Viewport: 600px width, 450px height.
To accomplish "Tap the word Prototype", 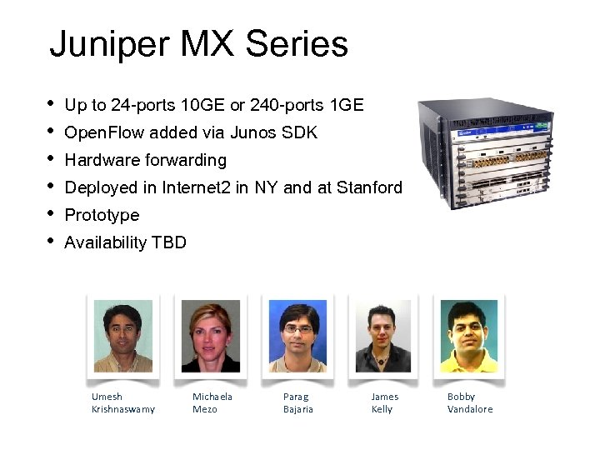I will (x=102, y=215).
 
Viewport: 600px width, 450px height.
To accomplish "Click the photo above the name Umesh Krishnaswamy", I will (x=123, y=336).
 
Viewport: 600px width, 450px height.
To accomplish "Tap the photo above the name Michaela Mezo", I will (x=211, y=336).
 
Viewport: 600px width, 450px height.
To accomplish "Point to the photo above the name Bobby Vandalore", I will (x=468, y=336).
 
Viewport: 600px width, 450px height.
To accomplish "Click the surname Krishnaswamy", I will (x=123, y=409).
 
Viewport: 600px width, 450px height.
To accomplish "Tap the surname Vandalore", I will (x=470, y=409).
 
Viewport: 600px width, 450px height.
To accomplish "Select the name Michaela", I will (x=212, y=397).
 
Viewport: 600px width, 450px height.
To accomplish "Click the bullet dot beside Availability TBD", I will (x=51, y=241).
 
